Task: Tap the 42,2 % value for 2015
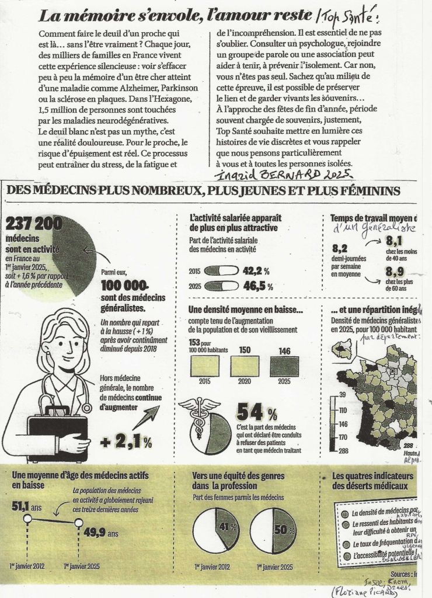[x=257, y=271]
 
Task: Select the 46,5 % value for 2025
[x=257, y=287]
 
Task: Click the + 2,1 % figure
[x=126, y=442]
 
